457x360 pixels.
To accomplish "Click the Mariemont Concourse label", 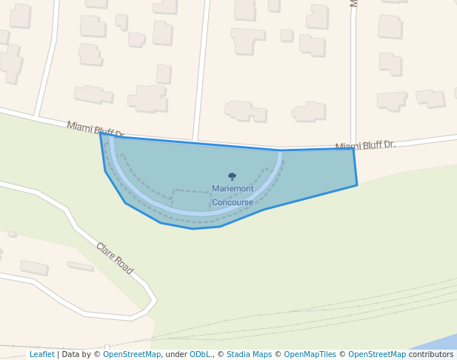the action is pyautogui.click(x=233, y=196).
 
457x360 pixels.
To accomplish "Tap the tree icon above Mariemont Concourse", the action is pyautogui.click(x=232, y=177).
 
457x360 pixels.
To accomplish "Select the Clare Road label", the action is pyautogui.click(x=114, y=259).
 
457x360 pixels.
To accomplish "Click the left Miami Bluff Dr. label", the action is pyautogui.click(x=96, y=130).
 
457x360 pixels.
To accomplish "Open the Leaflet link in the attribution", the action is pyautogui.click(x=41, y=355).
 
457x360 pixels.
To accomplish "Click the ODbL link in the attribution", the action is pyautogui.click(x=200, y=355).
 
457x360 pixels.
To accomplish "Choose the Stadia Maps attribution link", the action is pyautogui.click(x=249, y=355).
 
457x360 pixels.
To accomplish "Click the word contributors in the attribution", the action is pyautogui.click(x=431, y=355).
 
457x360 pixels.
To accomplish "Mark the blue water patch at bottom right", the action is pyautogui.click(x=437, y=342).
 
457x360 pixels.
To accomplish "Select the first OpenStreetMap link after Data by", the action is pyautogui.click(x=132, y=355).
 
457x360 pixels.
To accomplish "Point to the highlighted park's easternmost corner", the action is pyautogui.click(x=357, y=184).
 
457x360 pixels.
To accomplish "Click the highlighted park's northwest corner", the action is pyautogui.click(x=101, y=133).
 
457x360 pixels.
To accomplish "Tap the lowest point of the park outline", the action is pyautogui.click(x=193, y=229).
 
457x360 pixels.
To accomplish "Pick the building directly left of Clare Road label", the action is pyautogui.click(x=80, y=266).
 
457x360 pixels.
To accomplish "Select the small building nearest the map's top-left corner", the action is pyautogui.click(x=20, y=16).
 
